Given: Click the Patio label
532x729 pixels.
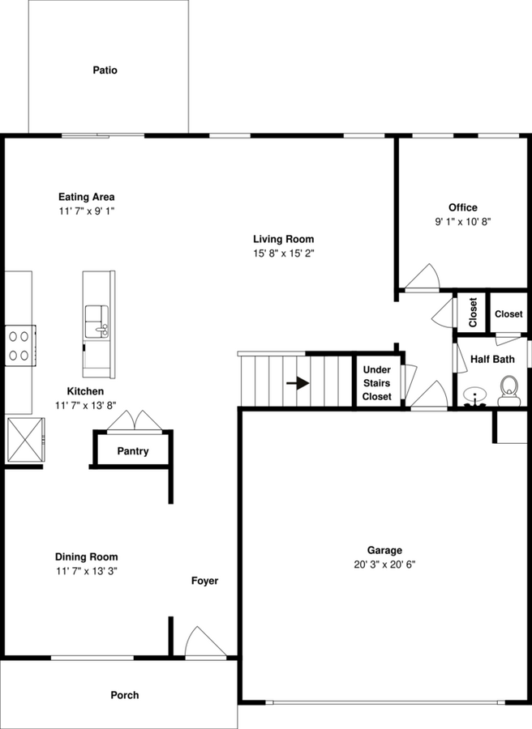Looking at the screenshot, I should click(x=105, y=70).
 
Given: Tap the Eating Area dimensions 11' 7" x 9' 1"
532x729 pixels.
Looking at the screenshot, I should click(x=86, y=211).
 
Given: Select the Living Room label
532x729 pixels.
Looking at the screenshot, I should click(x=283, y=239).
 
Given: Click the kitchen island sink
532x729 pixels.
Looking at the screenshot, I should click(x=97, y=321).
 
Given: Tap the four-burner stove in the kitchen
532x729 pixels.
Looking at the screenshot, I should click(x=21, y=343).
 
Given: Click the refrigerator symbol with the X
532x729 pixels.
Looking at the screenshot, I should click(x=26, y=441).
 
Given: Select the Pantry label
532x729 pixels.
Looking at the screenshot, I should click(x=133, y=451).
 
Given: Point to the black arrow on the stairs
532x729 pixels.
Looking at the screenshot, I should click(x=298, y=383).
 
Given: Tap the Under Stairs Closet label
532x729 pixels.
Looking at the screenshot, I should click(x=377, y=383).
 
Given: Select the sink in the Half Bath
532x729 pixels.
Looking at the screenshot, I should click(x=473, y=396).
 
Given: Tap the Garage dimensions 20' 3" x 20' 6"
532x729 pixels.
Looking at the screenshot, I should click(x=384, y=565).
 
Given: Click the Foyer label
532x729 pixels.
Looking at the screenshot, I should click(x=204, y=581).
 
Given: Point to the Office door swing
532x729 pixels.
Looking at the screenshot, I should click(x=423, y=278).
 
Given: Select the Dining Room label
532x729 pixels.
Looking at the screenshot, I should click(x=86, y=556).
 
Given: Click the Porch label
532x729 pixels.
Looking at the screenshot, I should click(x=124, y=695).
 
